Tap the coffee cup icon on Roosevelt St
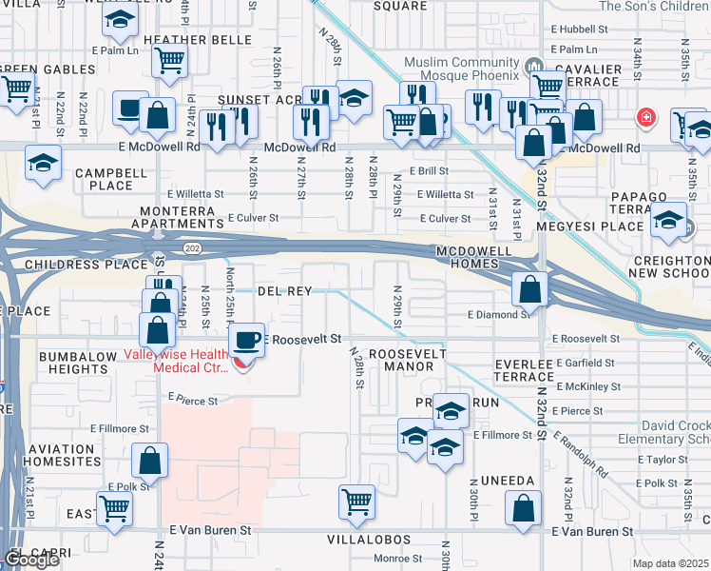point(247,340)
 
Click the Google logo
point(32,560)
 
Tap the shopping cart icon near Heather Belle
point(169,61)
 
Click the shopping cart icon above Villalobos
point(356,500)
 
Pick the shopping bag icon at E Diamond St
point(529,288)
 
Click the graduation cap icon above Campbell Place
point(44,162)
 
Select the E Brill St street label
point(429,170)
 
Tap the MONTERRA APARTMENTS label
point(182,217)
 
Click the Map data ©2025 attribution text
point(671,563)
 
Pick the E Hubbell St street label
point(579,30)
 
